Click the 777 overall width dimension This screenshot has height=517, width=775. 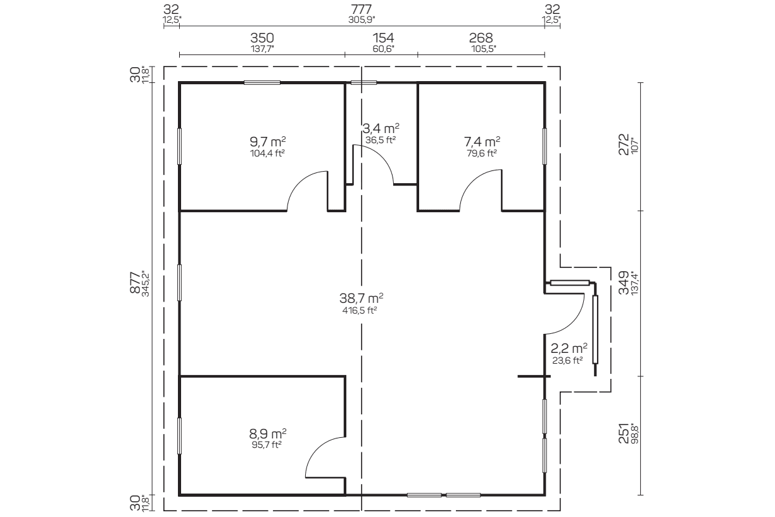pyautogui.click(x=362, y=10)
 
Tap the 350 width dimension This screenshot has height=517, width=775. pyautogui.click(x=262, y=38)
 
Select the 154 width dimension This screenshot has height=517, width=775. pyautogui.click(x=383, y=38)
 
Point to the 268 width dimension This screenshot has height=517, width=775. pyautogui.click(x=481, y=38)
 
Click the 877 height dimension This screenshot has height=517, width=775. pyautogui.click(x=135, y=283)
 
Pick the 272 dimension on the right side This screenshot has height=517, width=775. pyautogui.click(x=624, y=144)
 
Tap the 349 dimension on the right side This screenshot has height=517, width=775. pyautogui.click(x=624, y=283)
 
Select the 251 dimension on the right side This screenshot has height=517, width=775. pyautogui.click(x=624, y=433)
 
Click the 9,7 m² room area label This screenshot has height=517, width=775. pyautogui.click(x=268, y=142)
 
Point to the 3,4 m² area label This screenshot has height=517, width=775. pyautogui.click(x=381, y=129)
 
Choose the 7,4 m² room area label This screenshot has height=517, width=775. pyautogui.click(x=482, y=142)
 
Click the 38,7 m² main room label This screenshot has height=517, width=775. pyautogui.click(x=361, y=298)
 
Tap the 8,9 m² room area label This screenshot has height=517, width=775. pyautogui.click(x=268, y=433)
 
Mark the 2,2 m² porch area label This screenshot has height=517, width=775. pyautogui.click(x=569, y=348)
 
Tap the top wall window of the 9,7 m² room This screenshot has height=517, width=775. pyautogui.click(x=262, y=83)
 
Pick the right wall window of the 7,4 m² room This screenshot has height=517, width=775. pyautogui.click(x=545, y=146)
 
